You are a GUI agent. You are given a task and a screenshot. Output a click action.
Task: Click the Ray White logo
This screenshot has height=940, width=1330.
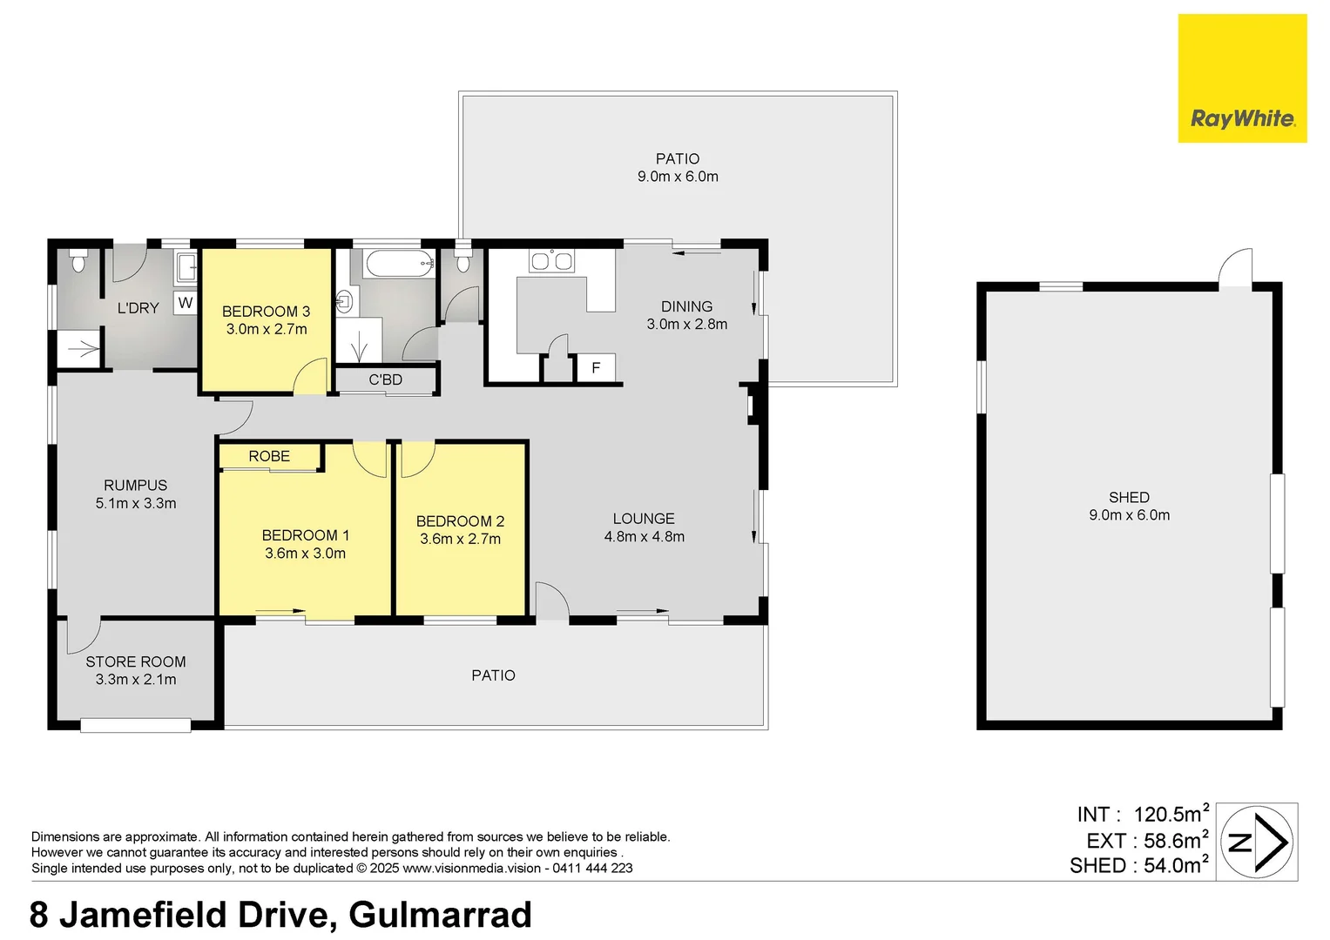1242,78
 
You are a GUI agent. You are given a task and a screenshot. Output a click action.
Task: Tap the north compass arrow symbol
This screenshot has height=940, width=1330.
1257,842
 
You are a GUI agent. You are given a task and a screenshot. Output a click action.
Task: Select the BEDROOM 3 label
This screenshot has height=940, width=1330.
266,312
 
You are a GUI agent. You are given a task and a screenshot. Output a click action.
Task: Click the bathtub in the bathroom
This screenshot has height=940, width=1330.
400,263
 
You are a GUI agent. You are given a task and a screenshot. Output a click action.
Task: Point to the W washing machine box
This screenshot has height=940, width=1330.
185,303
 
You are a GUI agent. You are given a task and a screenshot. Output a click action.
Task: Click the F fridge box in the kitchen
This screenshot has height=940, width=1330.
596,368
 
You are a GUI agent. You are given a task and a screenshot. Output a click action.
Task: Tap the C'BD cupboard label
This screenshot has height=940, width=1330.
385,379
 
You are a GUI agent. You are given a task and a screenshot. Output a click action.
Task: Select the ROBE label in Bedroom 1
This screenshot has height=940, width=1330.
269,456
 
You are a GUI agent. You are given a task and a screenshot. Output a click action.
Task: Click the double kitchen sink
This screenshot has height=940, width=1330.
552,260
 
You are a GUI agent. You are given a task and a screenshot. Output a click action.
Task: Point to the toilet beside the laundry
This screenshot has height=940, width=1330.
78,261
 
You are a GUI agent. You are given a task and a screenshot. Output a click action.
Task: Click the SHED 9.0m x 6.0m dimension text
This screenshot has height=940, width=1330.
1129,515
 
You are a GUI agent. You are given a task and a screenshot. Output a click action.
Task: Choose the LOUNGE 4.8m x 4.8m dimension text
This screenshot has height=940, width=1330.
644,537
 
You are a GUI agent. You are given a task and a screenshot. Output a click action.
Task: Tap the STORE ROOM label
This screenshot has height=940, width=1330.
135,661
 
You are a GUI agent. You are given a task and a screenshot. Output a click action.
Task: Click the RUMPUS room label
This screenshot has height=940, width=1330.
135,486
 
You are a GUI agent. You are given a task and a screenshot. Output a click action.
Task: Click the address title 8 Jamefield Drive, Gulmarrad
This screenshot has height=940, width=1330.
280,915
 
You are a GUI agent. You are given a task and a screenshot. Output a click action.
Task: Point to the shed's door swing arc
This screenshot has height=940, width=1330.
1235,265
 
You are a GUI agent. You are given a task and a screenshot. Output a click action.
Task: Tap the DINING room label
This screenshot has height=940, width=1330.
686,306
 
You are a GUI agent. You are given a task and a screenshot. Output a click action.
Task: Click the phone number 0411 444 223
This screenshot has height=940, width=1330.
592,868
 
